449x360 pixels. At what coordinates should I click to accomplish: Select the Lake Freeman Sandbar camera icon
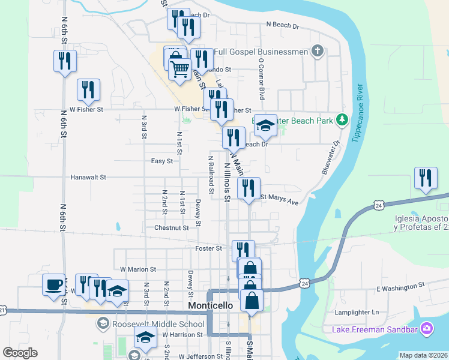(x=427, y=328)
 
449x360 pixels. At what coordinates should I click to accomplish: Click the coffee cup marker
(x=54, y=284)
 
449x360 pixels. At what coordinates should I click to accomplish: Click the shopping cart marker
(x=179, y=70)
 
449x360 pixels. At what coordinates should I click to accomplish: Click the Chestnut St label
(x=172, y=228)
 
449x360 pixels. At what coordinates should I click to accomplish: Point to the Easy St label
(x=162, y=161)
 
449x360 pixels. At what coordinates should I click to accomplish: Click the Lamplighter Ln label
(x=358, y=312)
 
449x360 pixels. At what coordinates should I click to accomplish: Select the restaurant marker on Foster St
(x=243, y=251)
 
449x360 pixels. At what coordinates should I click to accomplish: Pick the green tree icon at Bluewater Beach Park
(x=342, y=121)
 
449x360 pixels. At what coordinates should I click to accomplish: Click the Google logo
(x=20, y=353)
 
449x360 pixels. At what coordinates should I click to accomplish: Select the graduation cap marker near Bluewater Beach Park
(x=265, y=125)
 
